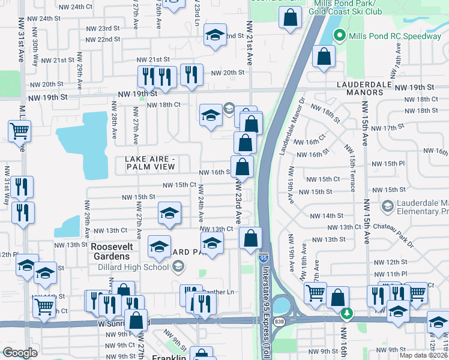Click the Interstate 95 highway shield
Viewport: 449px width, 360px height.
(264, 257)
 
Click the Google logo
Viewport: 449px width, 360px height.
(20, 353)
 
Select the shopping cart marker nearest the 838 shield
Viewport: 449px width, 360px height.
(315, 293)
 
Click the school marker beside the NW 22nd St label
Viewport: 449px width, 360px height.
(214, 35)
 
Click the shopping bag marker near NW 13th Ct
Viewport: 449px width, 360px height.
(250, 238)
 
